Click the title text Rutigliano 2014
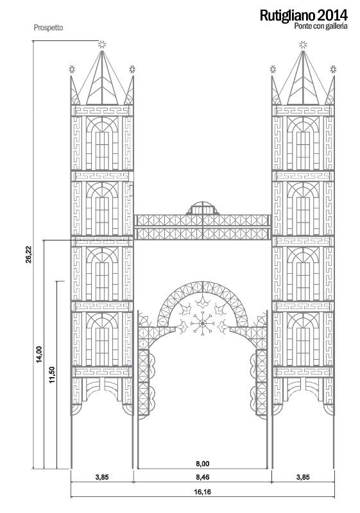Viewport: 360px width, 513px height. pos(304,15)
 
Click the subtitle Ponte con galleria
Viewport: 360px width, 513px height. pos(321,26)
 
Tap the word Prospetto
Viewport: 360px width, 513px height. pos(48,28)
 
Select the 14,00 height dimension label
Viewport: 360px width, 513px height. pos(39,354)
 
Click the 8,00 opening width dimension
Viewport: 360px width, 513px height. pos(203,464)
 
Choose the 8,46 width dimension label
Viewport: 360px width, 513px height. pos(203,477)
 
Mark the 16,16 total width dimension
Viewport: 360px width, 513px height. pos(203,492)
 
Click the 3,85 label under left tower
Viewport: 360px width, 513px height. pos(102,477)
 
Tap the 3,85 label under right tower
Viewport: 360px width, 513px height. pos(303,477)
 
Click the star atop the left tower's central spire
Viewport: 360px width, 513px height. pos(102,44)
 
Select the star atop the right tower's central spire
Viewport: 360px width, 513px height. pos(303,44)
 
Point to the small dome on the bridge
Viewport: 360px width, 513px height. pos(203,208)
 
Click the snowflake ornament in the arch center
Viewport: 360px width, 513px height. pos(203,323)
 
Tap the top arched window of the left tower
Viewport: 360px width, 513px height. pos(102,143)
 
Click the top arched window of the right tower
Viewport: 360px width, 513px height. pos(303,143)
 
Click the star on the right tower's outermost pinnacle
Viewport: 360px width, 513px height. pos(333,69)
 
